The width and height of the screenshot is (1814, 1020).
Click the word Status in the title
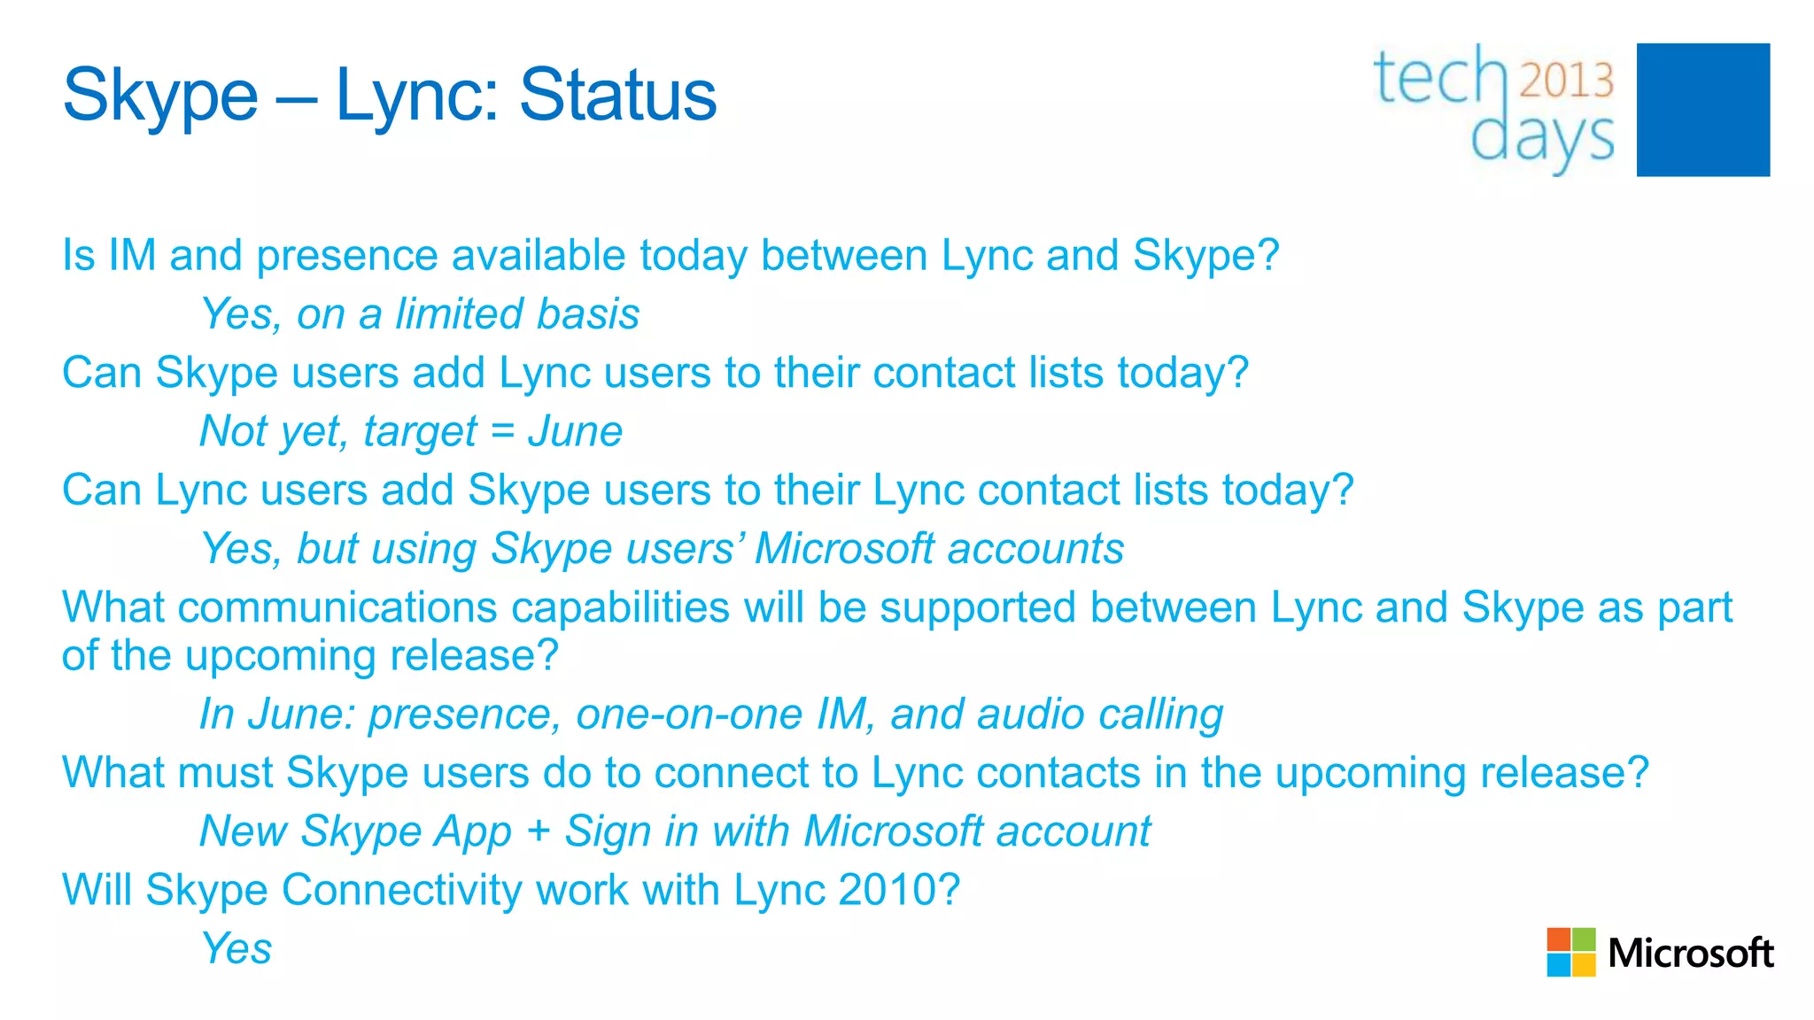[x=617, y=96]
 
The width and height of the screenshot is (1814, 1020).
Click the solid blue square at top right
[x=1702, y=110]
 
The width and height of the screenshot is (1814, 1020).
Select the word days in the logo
[x=1542, y=138]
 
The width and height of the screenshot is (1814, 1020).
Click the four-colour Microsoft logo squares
[x=1570, y=952]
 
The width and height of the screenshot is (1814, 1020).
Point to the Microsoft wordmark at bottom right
[x=1690, y=954]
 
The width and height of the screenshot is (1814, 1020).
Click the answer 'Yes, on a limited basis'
[x=419, y=314]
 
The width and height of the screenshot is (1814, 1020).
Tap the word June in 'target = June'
[x=575, y=432]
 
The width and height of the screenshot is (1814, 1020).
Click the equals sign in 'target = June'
[x=502, y=432]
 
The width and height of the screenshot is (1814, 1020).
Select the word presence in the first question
[x=346, y=257]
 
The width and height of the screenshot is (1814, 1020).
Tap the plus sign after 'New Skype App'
[x=538, y=832]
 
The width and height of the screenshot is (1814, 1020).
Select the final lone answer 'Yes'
[x=236, y=948]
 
